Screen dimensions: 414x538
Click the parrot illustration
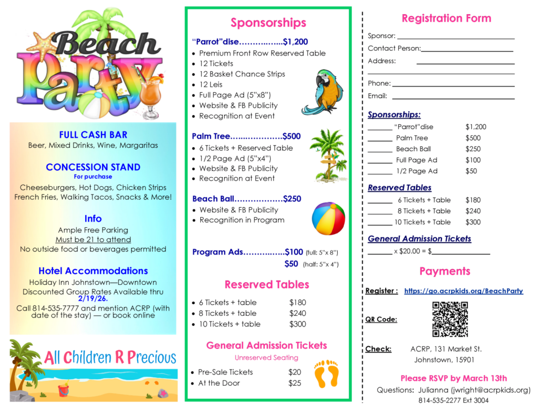[322, 92]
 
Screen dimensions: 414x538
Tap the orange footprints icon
[326, 374]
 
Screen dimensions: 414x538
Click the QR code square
[450, 319]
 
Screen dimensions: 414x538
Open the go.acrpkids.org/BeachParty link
[463, 291]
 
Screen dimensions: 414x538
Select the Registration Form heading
[446, 18]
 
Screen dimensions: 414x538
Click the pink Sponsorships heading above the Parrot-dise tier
[268, 23]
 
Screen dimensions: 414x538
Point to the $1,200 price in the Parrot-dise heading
[295, 42]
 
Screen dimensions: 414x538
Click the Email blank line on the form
[453, 97]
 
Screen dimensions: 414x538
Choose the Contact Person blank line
[467, 50]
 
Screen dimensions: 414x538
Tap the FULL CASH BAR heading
[93, 135]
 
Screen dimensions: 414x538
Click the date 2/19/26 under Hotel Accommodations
[92, 299]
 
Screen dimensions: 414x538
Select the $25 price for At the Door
[295, 383]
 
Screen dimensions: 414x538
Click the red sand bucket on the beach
[64, 390]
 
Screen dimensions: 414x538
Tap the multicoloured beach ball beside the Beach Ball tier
[328, 218]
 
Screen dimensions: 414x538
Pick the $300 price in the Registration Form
[473, 222]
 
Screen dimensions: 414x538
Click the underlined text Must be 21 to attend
[93, 240]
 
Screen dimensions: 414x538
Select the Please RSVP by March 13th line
[453, 378]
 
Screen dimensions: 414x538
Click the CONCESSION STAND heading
[93, 167]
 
